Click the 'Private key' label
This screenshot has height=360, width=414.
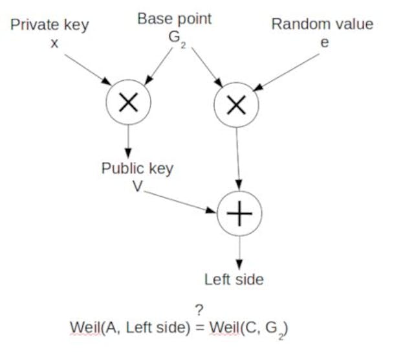pyautogui.click(x=49, y=25)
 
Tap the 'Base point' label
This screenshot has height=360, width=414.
pyautogui.click(x=174, y=19)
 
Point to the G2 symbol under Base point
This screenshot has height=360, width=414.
pyautogui.click(x=175, y=38)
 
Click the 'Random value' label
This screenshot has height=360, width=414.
pyautogui.click(x=322, y=25)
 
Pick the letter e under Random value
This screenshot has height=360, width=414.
pyautogui.click(x=324, y=42)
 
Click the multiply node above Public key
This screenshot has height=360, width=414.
pyautogui.click(x=128, y=103)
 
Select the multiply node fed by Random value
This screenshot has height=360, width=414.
pyautogui.click(x=237, y=104)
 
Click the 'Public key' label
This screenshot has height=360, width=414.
pyautogui.click(x=137, y=168)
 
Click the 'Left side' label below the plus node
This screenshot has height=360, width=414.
pyautogui.click(x=234, y=280)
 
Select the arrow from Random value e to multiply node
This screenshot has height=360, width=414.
pyautogui.click(x=289, y=73)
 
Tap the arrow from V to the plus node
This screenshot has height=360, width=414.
pyautogui.click(x=181, y=201)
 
